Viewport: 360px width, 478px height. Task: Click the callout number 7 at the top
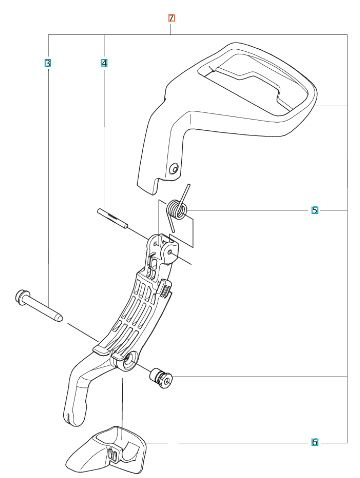[x=171, y=19]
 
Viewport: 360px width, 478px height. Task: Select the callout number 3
[x=48, y=64]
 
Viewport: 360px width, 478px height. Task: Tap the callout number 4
[x=104, y=64]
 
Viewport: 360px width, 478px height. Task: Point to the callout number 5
[x=315, y=211]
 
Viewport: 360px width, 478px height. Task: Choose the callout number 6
[x=315, y=441]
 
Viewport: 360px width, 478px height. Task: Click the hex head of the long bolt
[x=22, y=297]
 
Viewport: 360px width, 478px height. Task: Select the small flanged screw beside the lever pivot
[x=160, y=377]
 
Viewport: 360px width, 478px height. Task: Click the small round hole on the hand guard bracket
[x=176, y=167]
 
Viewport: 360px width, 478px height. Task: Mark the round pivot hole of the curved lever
[x=130, y=359]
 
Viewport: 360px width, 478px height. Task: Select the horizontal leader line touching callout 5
[x=250, y=211]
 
